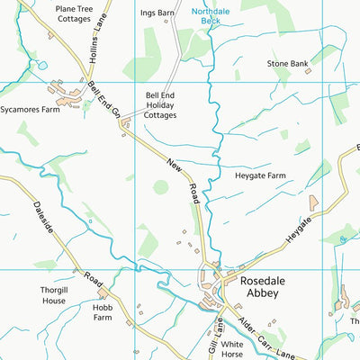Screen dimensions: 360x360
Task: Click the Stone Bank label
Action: (288, 64)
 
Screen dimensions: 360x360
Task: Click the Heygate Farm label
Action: (261, 175)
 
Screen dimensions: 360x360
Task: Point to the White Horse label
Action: (232, 349)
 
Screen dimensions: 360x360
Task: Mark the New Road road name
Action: (183, 179)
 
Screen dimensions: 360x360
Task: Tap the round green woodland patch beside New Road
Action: (160, 187)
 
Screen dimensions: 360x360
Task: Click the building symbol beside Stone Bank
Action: (308, 70)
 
